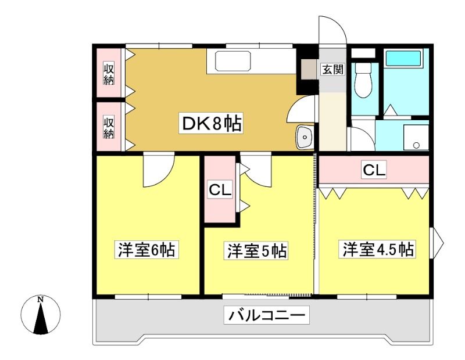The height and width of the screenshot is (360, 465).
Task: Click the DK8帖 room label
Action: [211, 123]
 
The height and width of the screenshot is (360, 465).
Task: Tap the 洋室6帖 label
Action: [146, 250]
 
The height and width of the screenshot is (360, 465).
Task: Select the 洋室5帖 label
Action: [257, 251]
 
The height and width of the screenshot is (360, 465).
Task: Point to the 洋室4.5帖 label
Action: [378, 249]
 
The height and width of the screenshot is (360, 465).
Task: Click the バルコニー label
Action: [266, 315]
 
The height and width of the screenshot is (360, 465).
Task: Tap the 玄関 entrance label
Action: [332, 69]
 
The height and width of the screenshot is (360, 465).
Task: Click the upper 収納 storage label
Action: [109, 73]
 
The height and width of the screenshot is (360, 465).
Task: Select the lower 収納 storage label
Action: [109, 127]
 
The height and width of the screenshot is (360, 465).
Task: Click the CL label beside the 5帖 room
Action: [220, 190]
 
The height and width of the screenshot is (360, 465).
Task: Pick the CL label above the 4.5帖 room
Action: [374, 170]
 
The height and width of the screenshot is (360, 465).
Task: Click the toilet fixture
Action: [363, 80]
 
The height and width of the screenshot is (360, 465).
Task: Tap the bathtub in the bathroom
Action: [403, 58]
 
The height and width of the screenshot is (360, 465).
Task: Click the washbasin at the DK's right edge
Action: [304, 137]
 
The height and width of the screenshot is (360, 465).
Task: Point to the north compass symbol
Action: [40, 315]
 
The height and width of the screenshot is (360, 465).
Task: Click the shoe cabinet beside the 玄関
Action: [309, 69]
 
